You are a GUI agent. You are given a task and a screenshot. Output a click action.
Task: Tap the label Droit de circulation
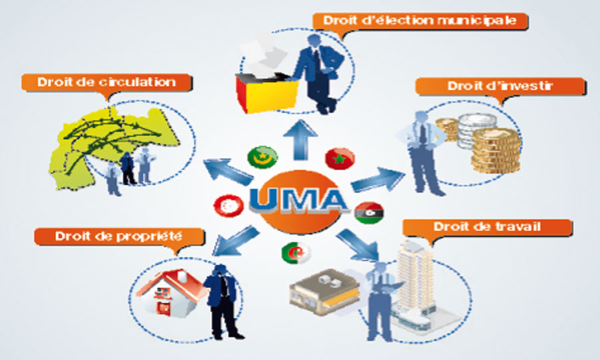107,82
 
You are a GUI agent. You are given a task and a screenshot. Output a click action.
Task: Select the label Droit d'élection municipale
420,20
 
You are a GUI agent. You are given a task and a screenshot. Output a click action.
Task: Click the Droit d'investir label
500,86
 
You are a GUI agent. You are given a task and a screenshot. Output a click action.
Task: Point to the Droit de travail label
487,227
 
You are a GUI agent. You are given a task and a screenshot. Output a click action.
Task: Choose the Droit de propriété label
119,236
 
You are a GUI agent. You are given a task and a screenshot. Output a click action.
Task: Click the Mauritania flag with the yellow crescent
262,157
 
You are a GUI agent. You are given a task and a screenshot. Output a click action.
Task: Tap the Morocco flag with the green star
340,159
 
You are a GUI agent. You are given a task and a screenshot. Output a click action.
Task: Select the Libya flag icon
369,212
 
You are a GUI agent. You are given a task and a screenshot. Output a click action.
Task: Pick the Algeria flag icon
295,253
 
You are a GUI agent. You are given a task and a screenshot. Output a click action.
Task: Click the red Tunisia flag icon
229,206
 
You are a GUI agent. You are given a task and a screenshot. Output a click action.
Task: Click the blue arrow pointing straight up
301,139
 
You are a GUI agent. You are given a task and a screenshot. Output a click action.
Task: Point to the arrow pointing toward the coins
378,179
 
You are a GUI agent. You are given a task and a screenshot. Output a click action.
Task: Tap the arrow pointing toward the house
234,241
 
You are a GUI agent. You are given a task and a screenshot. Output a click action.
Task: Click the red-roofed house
172,293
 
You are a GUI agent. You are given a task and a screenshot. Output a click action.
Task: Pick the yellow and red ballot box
267,92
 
